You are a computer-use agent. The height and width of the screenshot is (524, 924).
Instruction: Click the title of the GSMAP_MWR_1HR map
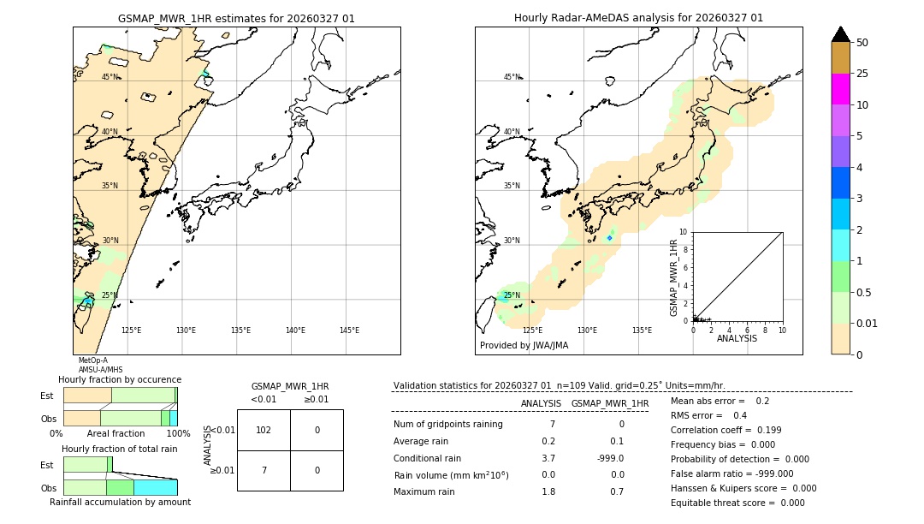pos(236,18)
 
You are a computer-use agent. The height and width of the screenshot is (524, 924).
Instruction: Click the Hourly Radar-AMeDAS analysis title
pos(638,18)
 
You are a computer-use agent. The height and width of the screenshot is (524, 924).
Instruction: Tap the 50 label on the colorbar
pos(862,43)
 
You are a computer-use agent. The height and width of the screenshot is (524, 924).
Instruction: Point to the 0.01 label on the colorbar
pos(868,323)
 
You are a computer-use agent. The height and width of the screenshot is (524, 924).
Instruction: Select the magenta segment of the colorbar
pos(841,89)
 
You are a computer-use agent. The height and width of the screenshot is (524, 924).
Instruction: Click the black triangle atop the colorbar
pos(841,34)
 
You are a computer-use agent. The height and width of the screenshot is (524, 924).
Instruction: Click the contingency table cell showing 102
pos(264,430)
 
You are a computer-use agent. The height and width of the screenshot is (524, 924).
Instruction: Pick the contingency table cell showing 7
pos(264,470)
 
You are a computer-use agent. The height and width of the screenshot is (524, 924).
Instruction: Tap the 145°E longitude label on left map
pos(349,330)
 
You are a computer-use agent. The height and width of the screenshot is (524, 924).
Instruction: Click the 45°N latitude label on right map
pos(512,77)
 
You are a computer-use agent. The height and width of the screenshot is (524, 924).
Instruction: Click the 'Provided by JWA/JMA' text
pos(524,345)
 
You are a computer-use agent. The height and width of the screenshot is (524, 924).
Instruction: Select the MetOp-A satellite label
pos(93,360)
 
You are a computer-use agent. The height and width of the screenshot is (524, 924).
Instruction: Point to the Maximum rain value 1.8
pos(548,491)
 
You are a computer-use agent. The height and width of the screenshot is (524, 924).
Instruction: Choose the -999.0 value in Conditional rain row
pos(610,458)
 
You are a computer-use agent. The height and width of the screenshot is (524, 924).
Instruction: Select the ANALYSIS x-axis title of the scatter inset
pos(737,338)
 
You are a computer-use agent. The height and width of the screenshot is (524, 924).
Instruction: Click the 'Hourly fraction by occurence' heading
pos(120,379)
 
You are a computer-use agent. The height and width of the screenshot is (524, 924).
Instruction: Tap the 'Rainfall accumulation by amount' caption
pos(120,502)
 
